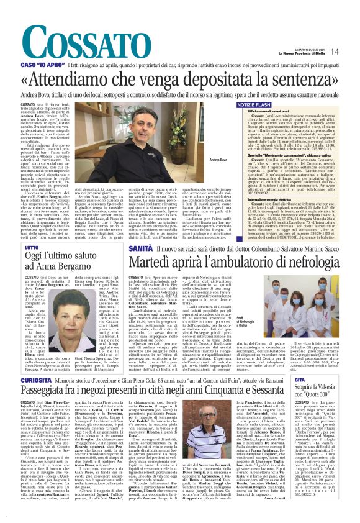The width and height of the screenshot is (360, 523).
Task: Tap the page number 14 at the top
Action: (x=352, y=52)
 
